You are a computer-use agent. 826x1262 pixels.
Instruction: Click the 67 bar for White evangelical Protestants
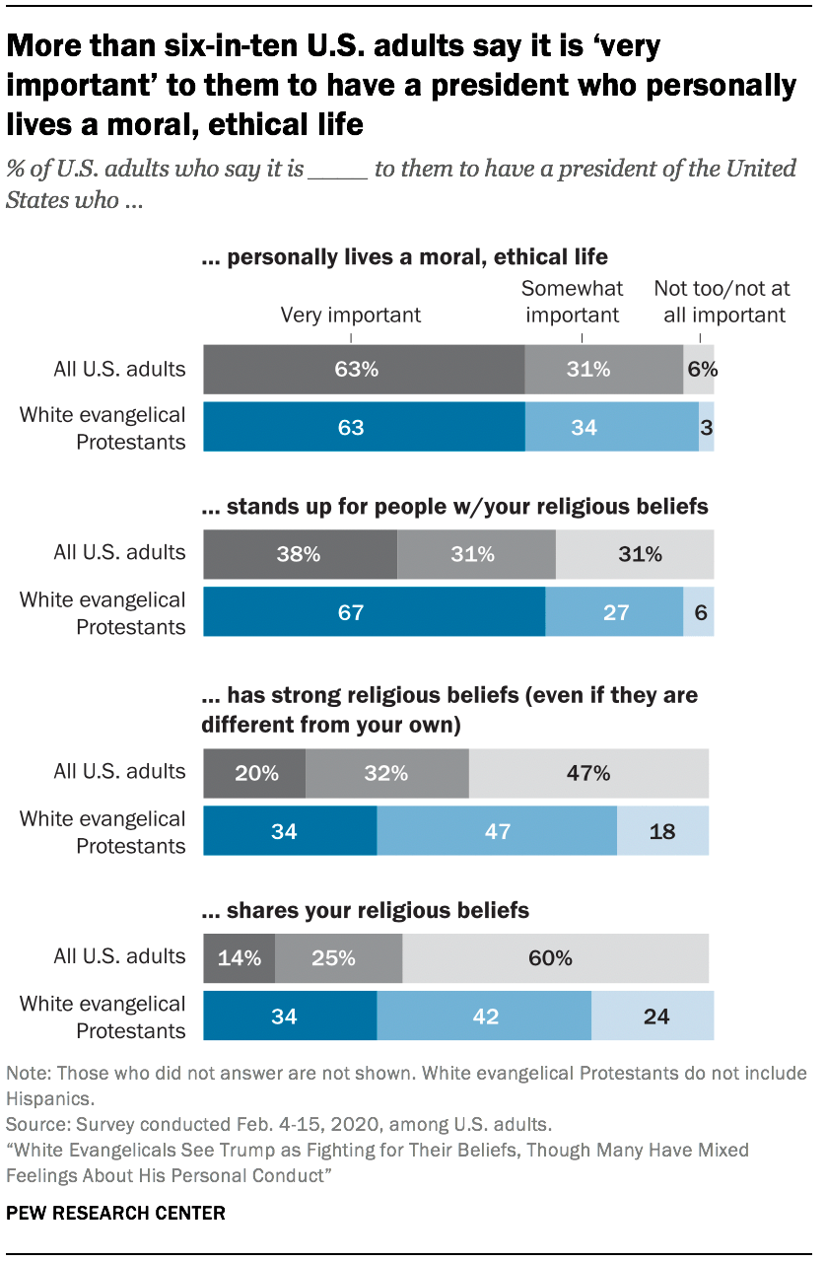374,612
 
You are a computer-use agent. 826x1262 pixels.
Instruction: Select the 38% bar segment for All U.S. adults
300,555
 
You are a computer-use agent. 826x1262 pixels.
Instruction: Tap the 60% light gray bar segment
555,957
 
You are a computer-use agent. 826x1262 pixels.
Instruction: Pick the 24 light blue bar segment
653,1016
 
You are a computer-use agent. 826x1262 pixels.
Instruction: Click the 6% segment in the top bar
699,370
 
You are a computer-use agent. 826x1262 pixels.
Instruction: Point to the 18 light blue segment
662,831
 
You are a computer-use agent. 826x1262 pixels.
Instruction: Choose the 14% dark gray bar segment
239,957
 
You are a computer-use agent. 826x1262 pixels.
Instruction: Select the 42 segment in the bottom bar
484,1016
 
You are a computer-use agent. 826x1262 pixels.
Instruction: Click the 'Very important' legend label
351,315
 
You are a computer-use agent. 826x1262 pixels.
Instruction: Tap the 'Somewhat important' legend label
571,302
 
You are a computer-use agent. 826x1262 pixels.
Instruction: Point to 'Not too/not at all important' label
722,302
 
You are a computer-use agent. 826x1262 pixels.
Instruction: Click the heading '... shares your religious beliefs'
365,910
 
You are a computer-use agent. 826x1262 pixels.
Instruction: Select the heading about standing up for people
454,508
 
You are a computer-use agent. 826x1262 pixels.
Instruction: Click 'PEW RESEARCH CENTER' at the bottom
116,1213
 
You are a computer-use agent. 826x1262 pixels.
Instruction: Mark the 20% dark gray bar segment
254,773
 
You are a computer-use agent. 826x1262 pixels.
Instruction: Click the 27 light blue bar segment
614,612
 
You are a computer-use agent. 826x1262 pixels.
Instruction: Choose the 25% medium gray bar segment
338,957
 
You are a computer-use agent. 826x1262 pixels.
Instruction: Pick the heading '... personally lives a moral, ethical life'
404,258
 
